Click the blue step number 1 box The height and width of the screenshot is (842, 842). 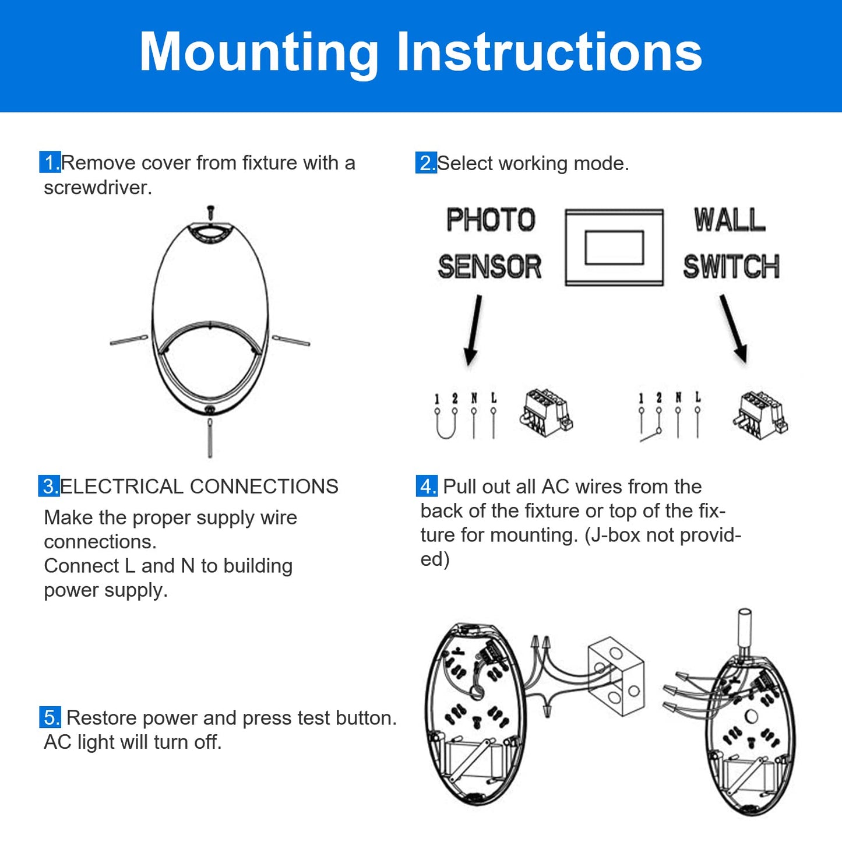point(50,162)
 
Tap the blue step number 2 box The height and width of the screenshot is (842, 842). point(426,163)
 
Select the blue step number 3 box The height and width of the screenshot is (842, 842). point(49,486)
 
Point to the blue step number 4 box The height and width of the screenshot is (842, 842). point(427,486)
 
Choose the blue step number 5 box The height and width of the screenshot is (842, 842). point(50,717)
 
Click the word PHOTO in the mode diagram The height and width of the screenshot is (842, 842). point(491,220)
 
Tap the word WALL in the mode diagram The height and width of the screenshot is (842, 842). point(730,220)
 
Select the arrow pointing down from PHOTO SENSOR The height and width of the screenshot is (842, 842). point(473,329)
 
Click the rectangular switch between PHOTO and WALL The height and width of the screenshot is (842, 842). point(614,248)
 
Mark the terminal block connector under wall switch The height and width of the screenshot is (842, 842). point(759,414)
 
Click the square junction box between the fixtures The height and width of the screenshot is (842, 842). point(616,677)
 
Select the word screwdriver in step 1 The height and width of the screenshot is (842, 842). point(97,188)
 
